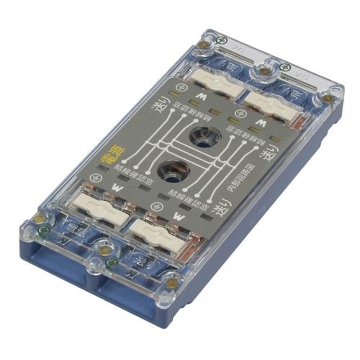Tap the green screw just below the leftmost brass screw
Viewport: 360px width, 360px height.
43,230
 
